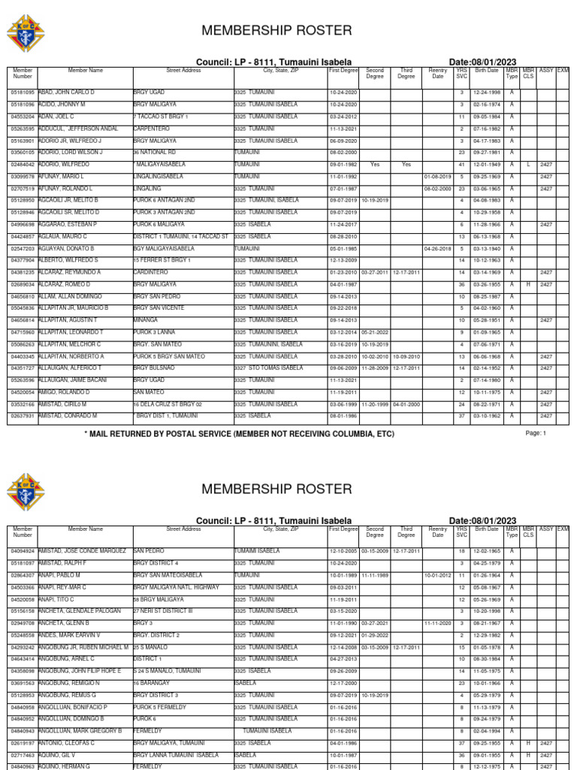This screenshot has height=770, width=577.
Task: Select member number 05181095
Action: tap(23, 92)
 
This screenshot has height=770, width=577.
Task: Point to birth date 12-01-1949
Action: tap(486, 165)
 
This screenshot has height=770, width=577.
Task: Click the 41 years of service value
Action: tap(462, 165)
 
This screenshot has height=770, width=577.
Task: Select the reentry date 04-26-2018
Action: tap(437, 248)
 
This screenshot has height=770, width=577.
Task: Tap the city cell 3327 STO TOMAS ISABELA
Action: tap(268, 368)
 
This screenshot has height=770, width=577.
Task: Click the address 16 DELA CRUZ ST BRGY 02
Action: tap(168, 405)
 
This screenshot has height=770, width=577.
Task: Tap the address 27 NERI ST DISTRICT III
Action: tap(163, 611)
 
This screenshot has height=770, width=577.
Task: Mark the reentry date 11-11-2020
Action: tap(437, 623)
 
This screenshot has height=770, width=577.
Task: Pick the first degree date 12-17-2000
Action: tap(343, 684)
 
